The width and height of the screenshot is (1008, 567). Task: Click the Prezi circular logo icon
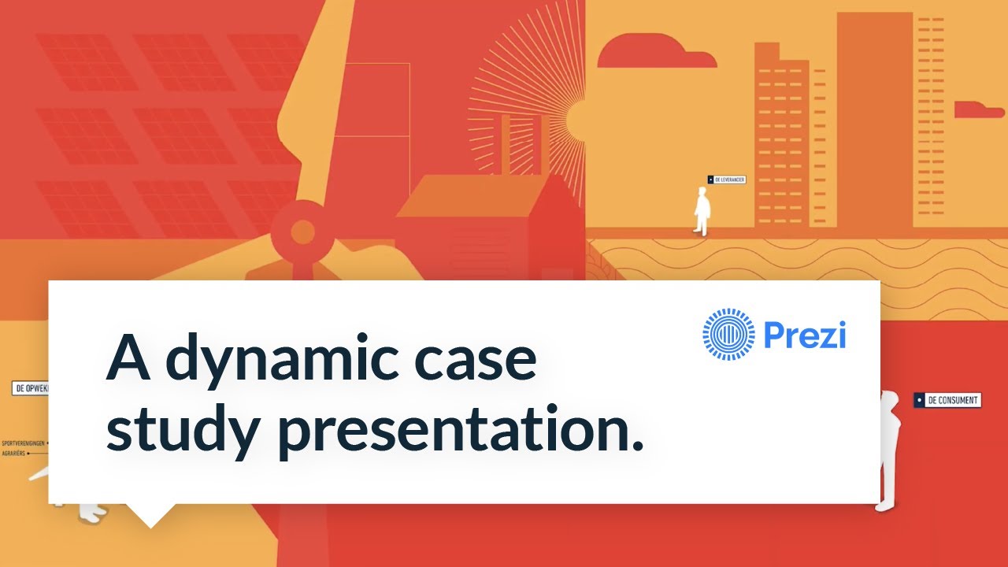point(728,335)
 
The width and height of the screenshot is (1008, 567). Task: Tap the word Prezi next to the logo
point(804,335)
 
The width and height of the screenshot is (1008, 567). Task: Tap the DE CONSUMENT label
point(947,400)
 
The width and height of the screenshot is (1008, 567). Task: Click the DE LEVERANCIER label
point(726,180)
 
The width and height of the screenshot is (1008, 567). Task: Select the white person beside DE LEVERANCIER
point(702,211)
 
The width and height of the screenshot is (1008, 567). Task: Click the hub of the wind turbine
point(302,232)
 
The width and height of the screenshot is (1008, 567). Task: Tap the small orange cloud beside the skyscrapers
point(979,109)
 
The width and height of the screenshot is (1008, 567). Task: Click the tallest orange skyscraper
point(874,118)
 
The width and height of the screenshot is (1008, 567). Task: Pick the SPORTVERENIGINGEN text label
point(23,443)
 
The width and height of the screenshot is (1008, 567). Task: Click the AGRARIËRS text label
point(16,454)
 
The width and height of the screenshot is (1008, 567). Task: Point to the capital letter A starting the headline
point(128,359)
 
